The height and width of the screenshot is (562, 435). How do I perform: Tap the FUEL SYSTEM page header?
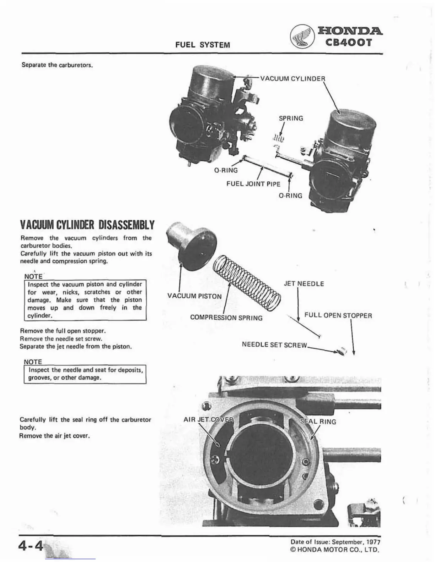[x=203, y=45]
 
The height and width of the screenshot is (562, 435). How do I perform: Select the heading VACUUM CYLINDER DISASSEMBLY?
[x=87, y=225]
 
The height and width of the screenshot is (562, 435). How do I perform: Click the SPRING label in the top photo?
[x=291, y=118]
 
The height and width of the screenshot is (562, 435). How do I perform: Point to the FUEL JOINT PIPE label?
[x=253, y=184]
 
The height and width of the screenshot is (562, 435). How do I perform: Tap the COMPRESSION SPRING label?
[x=226, y=318]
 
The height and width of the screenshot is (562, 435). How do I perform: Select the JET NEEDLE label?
[x=304, y=284]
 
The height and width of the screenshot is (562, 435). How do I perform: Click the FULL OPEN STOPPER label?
[x=338, y=315]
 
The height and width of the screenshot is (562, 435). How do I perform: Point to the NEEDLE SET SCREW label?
[x=274, y=345]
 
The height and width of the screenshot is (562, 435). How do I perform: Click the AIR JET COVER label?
[x=208, y=419]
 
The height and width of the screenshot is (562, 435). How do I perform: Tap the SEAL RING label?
[x=318, y=421]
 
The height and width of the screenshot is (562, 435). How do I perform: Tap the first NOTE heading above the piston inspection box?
[x=33, y=276]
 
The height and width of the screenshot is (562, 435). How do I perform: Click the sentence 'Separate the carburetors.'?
[x=57, y=65]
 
